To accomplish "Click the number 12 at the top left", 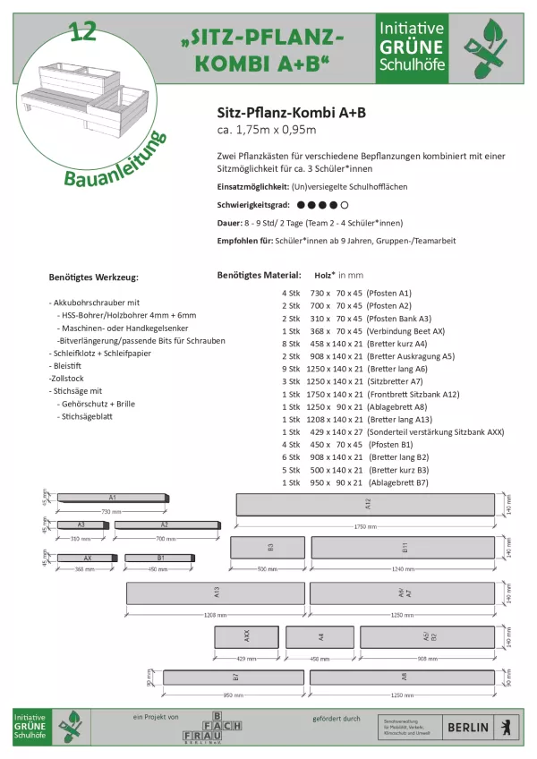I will (x=81, y=32).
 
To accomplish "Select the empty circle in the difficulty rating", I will (x=345, y=205).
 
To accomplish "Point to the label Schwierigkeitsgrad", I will (x=252, y=205).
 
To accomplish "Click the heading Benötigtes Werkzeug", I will (x=94, y=277).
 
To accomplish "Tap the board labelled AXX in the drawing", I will (x=246, y=637).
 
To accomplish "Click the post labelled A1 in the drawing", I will (x=112, y=497).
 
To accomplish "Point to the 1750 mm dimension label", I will (x=366, y=526).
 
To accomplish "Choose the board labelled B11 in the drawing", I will (x=404, y=548).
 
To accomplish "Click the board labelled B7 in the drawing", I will (x=234, y=678).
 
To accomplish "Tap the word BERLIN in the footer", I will (x=468, y=727).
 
